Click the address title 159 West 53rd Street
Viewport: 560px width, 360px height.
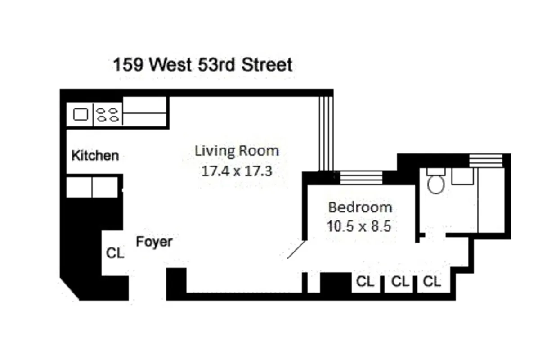(202, 65)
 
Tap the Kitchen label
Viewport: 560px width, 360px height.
(95, 156)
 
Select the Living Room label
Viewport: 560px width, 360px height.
(237, 151)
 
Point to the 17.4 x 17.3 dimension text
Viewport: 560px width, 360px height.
(237, 171)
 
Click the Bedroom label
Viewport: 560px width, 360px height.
(360, 207)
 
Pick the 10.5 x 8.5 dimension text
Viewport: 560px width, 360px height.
(359, 226)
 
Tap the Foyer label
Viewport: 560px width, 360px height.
(154, 242)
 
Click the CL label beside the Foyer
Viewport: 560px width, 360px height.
(115, 253)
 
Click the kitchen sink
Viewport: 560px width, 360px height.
(81, 115)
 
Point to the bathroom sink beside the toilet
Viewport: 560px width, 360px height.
(462, 176)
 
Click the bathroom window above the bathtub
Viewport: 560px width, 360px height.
(486, 161)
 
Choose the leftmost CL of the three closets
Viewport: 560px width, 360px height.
(365, 282)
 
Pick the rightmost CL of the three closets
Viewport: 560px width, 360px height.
(432, 282)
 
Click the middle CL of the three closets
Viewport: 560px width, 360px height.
(400, 282)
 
